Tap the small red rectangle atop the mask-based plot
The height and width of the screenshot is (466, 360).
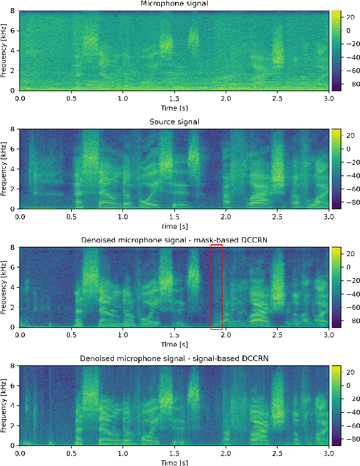[x=216, y=245]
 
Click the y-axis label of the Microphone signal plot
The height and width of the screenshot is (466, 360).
[x=4, y=51]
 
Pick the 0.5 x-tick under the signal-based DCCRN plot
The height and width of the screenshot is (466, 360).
[x=72, y=452]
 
